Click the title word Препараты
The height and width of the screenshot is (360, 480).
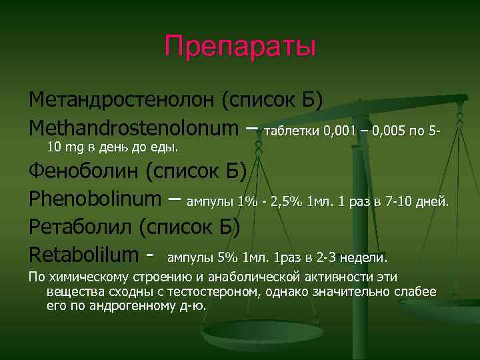240,47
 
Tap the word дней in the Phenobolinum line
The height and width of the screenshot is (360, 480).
433,201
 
